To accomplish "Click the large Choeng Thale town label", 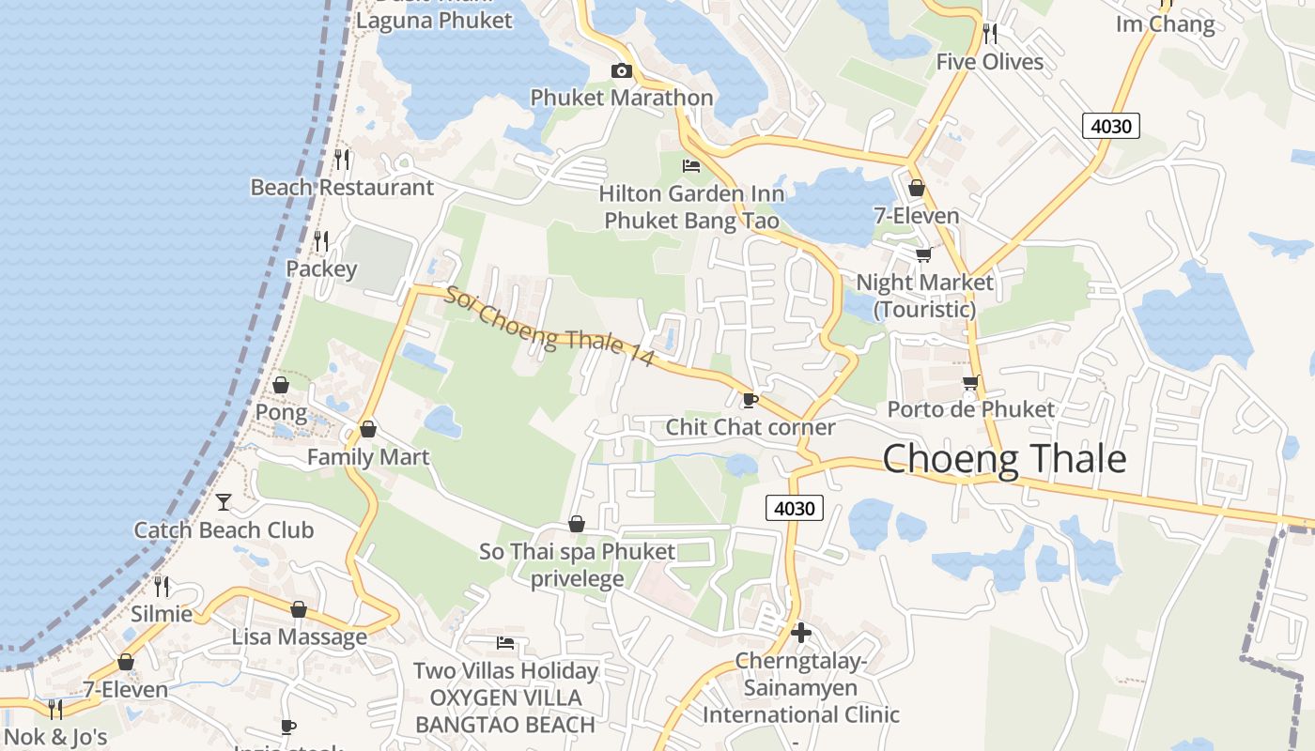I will (1004, 458).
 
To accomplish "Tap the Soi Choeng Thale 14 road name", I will (549, 325).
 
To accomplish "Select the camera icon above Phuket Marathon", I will (621, 71).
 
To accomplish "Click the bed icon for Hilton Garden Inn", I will (691, 166).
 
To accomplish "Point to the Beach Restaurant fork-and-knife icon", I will (342, 160).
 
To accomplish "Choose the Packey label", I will (321, 269).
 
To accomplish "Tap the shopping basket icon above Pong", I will (280, 385).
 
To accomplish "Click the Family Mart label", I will (368, 457).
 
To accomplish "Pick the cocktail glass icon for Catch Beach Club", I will (224, 502).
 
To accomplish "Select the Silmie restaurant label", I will (162, 614).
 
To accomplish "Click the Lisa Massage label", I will (300, 636).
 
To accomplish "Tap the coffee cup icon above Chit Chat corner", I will (750, 401).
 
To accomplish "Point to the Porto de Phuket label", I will (971, 409).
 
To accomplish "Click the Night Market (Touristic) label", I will (924, 295).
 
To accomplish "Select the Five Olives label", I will (989, 62).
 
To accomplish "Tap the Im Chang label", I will (1165, 24).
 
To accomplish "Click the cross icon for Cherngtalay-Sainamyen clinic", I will (801, 633).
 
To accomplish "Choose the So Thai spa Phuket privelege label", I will (577, 564).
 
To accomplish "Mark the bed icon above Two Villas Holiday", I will (505, 643).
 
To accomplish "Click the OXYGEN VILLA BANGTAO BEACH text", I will (505, 711).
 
